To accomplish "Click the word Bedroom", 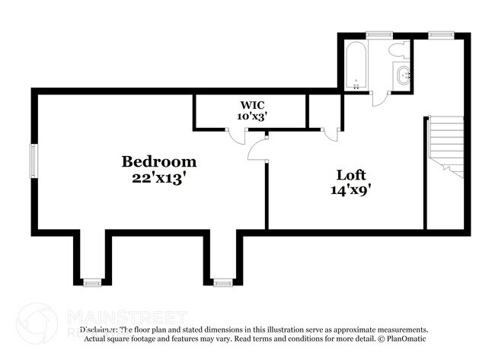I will [159, 161].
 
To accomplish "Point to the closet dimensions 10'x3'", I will [251, 116].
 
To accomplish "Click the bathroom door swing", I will [378, 97].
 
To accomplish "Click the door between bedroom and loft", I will [258, 147].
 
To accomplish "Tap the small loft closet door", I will [330, 135].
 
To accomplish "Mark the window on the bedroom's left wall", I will [33, 161].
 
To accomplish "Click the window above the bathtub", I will [378, 33].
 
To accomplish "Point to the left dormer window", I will [92, 282].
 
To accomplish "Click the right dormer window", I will [222, 282].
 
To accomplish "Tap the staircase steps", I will [445, 145].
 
